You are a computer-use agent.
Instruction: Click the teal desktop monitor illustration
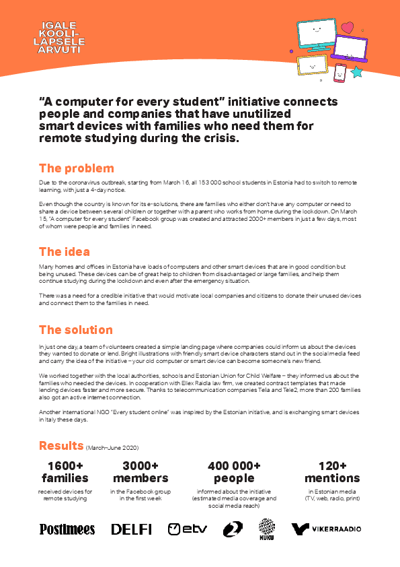pos(317,33)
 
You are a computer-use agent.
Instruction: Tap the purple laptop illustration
pos(349,48)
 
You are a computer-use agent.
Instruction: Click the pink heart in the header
pos(347,28)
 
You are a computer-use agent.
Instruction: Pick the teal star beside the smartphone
pos(356,71)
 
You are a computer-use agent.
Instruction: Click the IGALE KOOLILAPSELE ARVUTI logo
pos(61,37)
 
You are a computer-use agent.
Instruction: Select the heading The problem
pos(76,168)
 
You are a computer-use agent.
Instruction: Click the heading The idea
pos(65,251)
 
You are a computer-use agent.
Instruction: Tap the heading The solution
pos(76,330)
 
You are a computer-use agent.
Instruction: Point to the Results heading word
pos(61,445)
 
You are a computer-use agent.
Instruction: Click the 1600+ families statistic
pos(65,472)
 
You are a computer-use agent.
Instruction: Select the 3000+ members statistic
pos(141,472)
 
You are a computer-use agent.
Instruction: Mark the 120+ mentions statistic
pos(332,472)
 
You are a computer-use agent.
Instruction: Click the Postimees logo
pos(67,529)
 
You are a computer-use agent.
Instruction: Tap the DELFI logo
pos(131,529)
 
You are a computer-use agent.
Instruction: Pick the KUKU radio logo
pos(267,529)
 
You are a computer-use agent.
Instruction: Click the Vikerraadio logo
pos(326,529)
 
